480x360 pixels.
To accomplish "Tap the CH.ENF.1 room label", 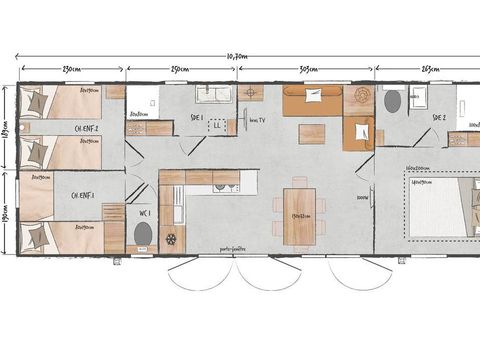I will [85, 195].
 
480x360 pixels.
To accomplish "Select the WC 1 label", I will [143, 212].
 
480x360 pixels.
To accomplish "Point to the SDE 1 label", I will [196, 117].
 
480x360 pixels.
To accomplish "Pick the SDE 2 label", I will [438, 117].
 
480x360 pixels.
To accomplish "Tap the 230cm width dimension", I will [71, 68].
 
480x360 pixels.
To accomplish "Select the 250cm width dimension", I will [180, 68].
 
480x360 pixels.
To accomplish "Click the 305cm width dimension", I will [308, 68].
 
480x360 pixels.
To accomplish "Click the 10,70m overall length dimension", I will [238, 56].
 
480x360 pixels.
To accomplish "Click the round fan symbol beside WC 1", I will [171, 240].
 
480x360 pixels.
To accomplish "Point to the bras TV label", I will [256, 119].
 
